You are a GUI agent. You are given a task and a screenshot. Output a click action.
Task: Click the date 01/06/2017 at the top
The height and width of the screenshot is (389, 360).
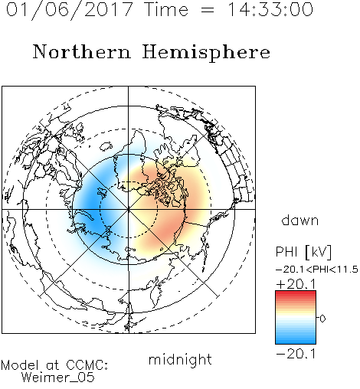(x=70, y=9)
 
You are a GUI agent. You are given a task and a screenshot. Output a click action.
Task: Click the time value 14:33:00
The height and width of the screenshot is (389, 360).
(x=270, y=9)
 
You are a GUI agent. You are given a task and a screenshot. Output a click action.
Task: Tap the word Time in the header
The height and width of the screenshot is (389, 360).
(x=166, y=9)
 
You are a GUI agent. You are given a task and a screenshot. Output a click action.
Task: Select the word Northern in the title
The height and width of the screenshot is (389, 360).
(x=82, y=51)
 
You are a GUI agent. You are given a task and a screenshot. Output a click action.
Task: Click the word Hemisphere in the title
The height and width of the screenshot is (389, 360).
(x=206, y=53)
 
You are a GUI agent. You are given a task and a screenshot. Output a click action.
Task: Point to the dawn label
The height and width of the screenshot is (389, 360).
(x=300, y=221)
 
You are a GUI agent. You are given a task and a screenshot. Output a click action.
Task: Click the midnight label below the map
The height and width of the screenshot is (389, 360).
(x=180, y=360)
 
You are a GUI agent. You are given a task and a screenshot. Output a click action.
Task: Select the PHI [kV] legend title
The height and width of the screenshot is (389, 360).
(x=303, y=252)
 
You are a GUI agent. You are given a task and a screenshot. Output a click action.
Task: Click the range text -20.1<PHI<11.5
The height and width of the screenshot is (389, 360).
(x=317, y=270)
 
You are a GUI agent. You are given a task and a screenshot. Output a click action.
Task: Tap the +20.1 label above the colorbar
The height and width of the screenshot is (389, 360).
(x=296, y=284)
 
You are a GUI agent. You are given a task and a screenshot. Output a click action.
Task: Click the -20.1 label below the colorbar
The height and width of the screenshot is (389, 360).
(x=296, y=354)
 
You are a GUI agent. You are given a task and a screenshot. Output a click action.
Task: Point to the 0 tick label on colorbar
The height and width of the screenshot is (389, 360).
(x=322, y=319)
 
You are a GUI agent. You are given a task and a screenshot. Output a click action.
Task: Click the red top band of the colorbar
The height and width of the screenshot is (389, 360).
(x=296, y=293)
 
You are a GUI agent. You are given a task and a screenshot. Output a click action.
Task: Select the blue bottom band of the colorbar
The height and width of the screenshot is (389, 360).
(x=296, y=341)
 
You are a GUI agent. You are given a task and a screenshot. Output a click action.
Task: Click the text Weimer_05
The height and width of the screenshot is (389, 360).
(x=58, y=377)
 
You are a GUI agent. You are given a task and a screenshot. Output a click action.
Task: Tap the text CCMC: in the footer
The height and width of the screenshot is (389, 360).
(x=87, y=365)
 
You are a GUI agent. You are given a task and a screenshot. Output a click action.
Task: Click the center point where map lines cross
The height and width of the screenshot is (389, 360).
(x=129, y=209)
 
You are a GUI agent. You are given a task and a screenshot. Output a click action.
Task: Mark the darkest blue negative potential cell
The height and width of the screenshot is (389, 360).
(x=93, y=204)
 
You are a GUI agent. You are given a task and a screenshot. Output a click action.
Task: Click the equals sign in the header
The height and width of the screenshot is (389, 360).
(x=208, y=10)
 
